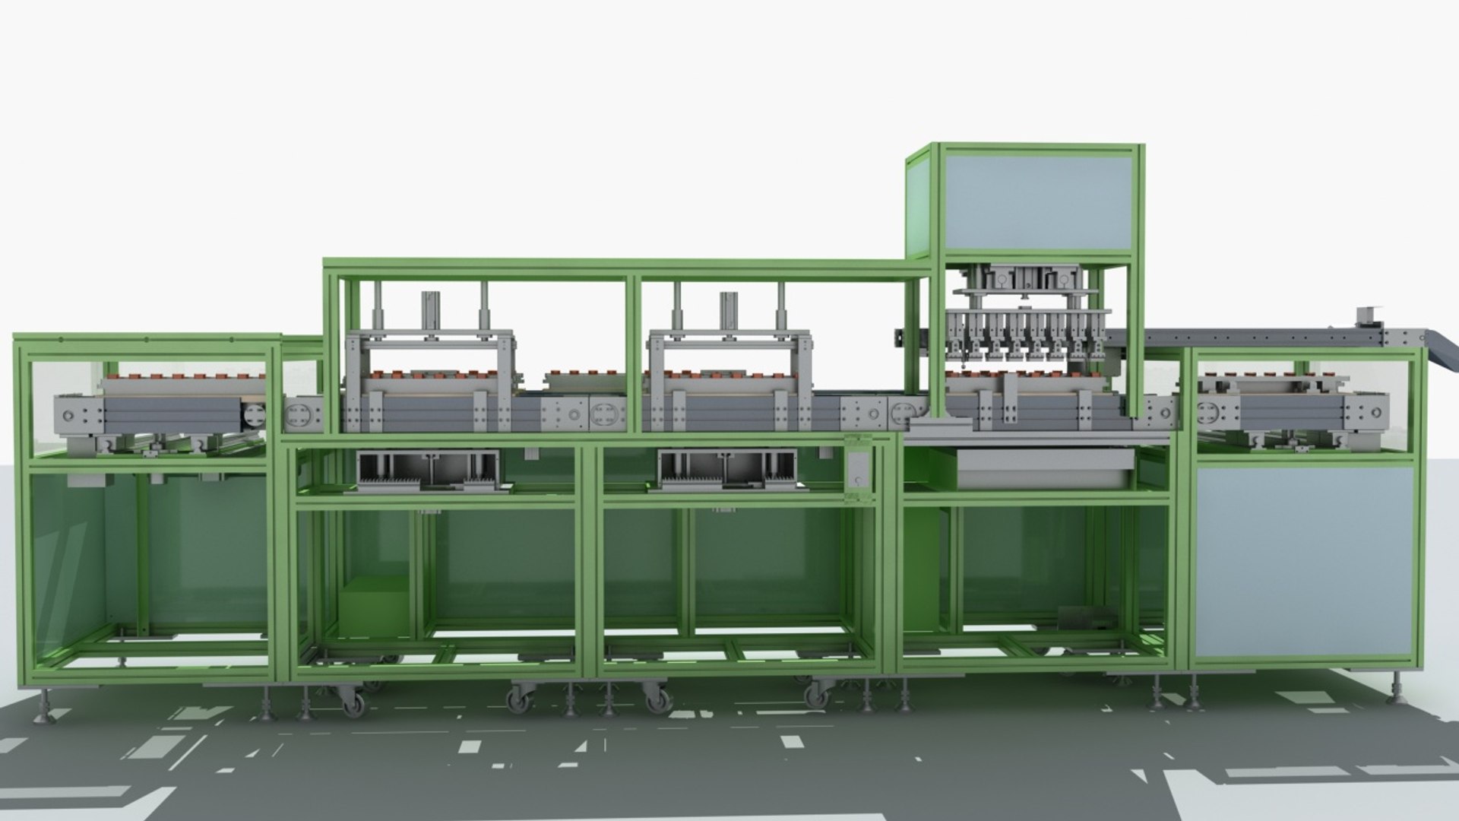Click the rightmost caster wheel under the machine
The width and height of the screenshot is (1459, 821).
(x=817, y=694)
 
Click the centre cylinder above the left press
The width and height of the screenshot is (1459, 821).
(x=431, y=312)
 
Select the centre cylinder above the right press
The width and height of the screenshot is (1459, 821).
(x=729, y=312)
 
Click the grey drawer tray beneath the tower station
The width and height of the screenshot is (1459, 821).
(x=1045, y=467)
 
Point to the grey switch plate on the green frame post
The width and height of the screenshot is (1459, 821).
(x=859, y=471)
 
